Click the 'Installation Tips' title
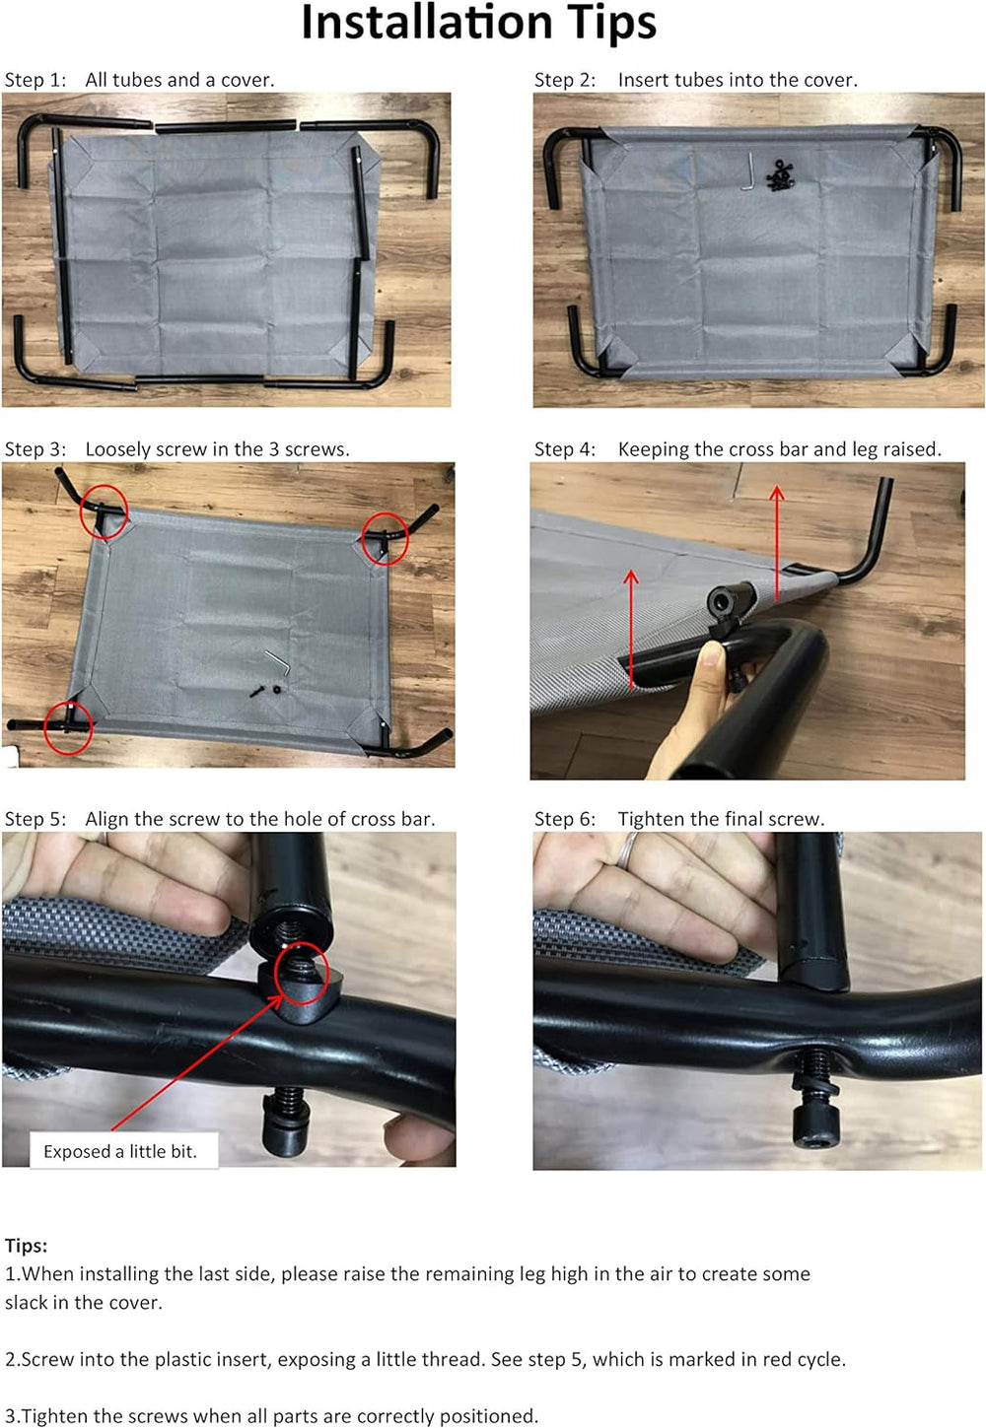point(478,23)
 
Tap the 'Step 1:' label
point(35,80)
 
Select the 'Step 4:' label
point(564,449)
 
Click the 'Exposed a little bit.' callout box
point(124,1151)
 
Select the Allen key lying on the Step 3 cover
point(278,663)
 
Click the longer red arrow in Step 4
point(777,543)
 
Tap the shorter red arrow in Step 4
point(631,629)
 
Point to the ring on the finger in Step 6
point(627,850)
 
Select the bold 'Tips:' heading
point(27,1246)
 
